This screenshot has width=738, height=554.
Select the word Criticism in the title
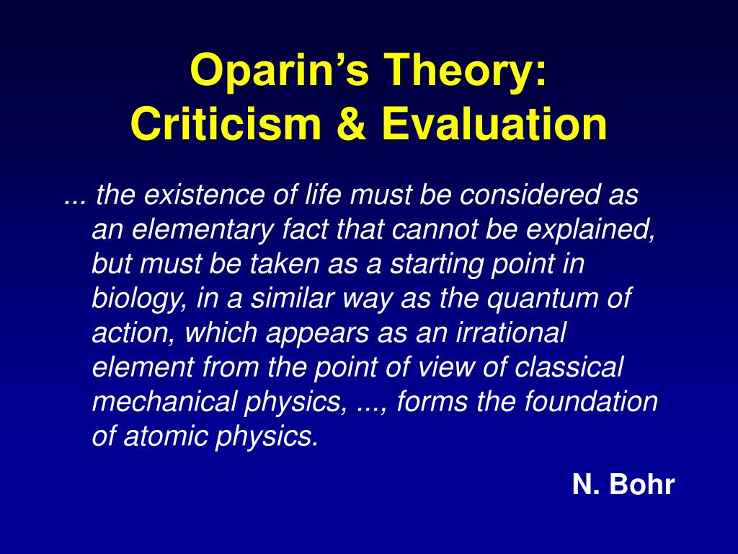coord(226,123)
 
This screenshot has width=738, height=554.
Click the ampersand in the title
coord(352,123)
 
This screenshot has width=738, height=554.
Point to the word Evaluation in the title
coord(494,123)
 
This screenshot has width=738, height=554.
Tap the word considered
coord(529,195)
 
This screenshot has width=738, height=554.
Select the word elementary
coord(203,230)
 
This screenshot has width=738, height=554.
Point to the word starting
coord(437,264)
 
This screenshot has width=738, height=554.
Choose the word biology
coord(140,299)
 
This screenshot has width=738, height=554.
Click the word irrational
coord(511,332)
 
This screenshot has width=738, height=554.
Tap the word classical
coord(569,366)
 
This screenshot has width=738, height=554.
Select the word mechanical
coord(164,401)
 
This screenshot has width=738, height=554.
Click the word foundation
coord(591,401)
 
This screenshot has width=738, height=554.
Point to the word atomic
coord(165,436)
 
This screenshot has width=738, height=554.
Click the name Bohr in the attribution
coord(642,484)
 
